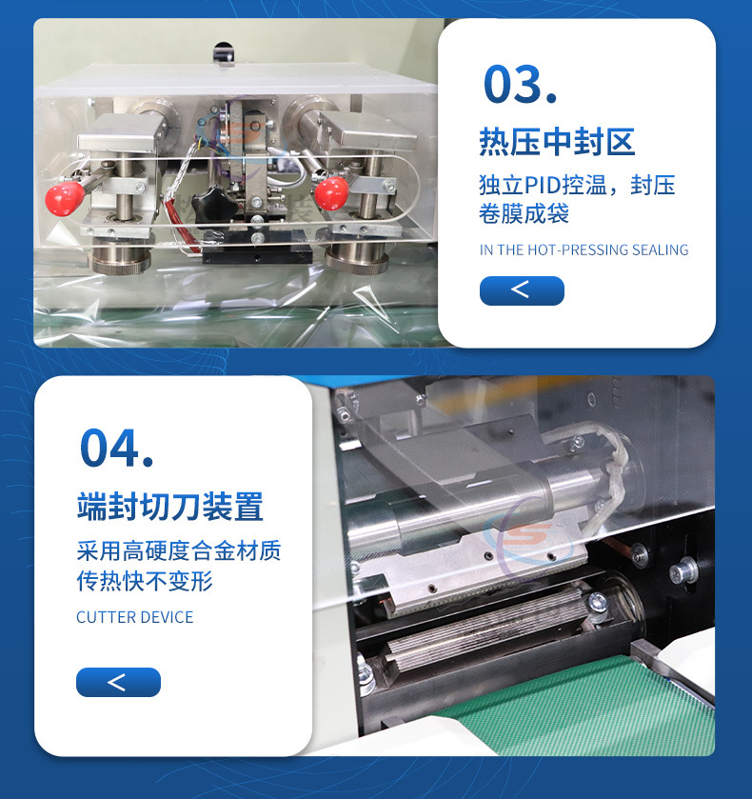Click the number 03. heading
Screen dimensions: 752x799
point(520,84)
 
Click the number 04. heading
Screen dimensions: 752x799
point(117,448)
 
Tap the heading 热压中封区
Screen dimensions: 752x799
point(557,142)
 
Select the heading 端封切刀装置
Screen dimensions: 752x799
point(170,507)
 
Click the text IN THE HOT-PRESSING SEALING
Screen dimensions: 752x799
point(584,250)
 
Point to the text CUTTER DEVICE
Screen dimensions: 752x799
point(135,617)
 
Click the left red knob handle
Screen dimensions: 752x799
point(65,198)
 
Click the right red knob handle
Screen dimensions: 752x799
point(331,193)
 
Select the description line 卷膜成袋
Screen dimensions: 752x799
point(524,213)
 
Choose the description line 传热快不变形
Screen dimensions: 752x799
point(145,581)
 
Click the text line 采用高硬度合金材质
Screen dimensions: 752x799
point(179,550)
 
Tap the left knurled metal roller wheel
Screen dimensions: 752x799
point(121,258)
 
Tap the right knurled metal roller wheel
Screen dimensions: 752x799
point(357,258)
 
